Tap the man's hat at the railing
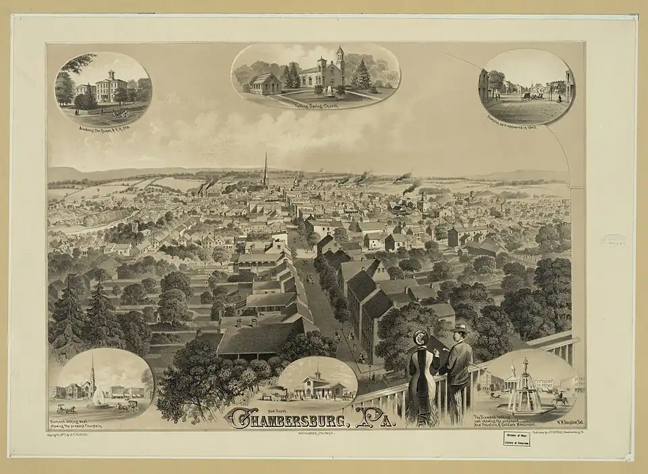tap(460, 328)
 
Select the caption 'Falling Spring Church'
tap(315, 106)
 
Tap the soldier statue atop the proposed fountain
tap(524, 363)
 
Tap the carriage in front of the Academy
tap(121, 113)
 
